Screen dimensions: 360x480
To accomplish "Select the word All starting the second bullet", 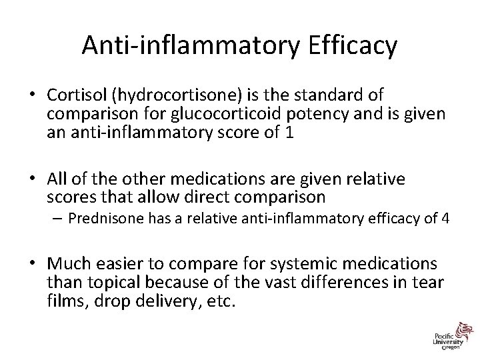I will [58, 179].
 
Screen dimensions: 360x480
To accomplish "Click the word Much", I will [69, 265].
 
